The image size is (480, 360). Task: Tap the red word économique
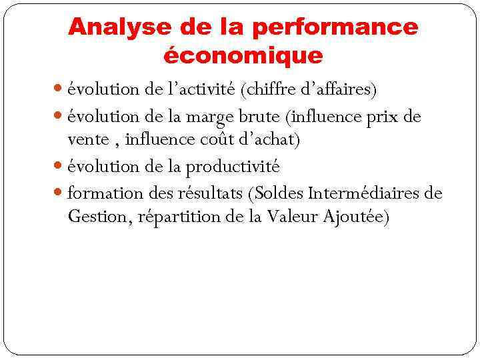[x=243, y=55]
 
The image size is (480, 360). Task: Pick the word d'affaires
[x=338, y=89]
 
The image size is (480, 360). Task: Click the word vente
[x=88, y=140]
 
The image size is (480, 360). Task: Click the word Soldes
[x=279, y=193]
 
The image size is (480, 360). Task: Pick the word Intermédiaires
[x=365, y=193]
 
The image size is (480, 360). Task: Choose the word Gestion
[x=95, y=217]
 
